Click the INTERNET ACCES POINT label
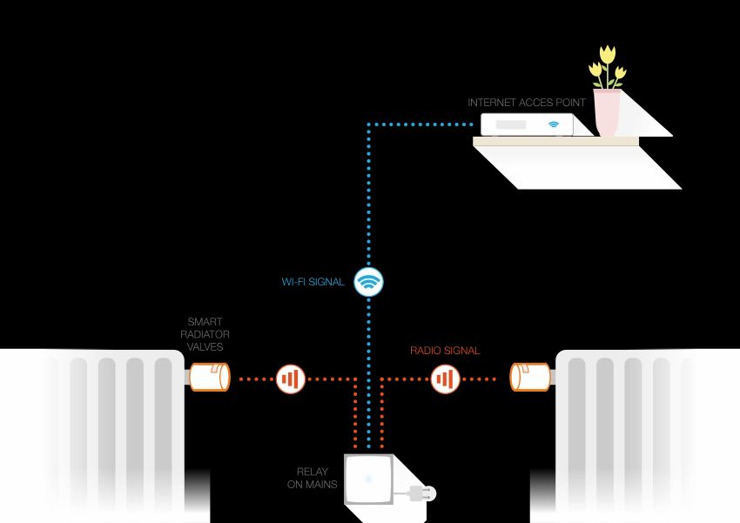(526, 103)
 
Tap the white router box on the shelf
(528, 125)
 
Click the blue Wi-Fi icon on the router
(553, 125)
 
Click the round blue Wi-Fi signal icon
(369, 282)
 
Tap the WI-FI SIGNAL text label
(313, 282)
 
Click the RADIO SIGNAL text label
(445, 352)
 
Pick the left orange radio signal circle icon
(290, 379)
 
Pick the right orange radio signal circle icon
(445, 379)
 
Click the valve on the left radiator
(209, 378)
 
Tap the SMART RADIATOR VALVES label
(205, 335)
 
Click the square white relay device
(369, 479)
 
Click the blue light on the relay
(369, 479)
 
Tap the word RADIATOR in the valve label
(205, 335)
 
